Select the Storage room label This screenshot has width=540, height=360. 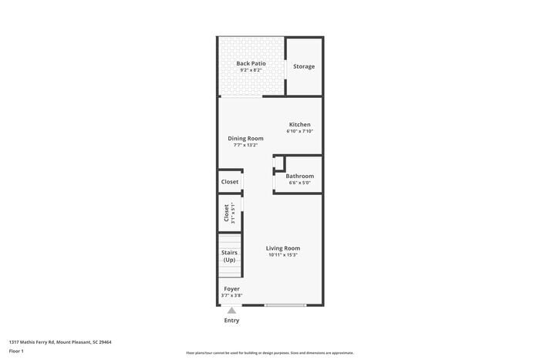pyautogui.click(x=304, y=66)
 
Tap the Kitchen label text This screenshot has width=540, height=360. pyautogui.click(x=299, y=124)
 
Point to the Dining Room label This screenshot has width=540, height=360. pyautogui.click(x=245, y=138)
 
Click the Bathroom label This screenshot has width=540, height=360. pyautogui.click(x=299, y=176)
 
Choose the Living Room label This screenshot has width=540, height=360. pyautogui.click(x=283, y=247)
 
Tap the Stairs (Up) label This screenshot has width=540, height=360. pyautogui.click(x=229, y=256)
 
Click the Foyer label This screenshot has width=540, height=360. pyautogui.click(x=231, y=289)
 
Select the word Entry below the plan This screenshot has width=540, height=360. pyautogui.click(x=231, y=320)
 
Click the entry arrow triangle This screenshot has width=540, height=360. pyautogui.click(x=231, y=310)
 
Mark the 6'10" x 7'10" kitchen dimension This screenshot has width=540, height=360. pyautogui.click(x=299, y=131)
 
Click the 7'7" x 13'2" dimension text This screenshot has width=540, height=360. pyautogui.click(x=245, y=145)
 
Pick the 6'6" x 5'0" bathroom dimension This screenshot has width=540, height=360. pyautogui.click(x=299, y=183)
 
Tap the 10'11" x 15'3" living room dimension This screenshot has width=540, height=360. pyautogui.click(x=283, y=254)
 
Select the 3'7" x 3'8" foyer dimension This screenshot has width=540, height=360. pyautogui.click(x=231, y=296)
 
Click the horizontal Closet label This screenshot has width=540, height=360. pyautogui.click(x=230, y=182)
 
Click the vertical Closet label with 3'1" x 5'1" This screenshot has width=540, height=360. pyautogui.click(x=228, y=213)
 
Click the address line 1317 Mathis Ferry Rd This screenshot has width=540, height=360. pyautogui.click(x=60, y=341)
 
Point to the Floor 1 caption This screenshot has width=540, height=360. pyautogui.click(x=16, y=352)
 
